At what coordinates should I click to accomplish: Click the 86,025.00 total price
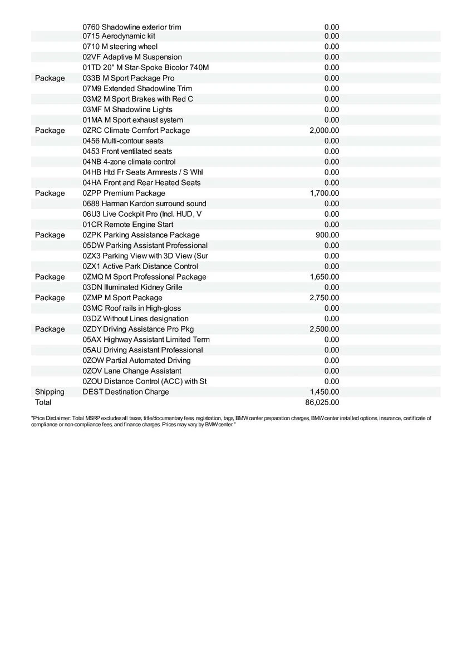pos(322,402)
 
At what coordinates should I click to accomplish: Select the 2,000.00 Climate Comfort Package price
pos(324,131)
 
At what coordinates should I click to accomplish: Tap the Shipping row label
pos(50,392)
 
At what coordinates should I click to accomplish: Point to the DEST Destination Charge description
pos(125,392)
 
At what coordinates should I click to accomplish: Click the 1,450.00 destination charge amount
pos(324,392)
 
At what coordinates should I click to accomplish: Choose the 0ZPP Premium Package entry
pos(124,193)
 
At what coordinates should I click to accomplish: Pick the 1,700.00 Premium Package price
pos(324,193)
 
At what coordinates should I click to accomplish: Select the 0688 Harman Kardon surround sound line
pos(144,204)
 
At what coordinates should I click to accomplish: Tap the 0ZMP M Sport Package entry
pos(122,298)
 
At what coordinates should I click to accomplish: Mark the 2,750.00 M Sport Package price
pos(324,298)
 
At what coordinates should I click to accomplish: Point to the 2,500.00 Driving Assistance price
pos(324,329)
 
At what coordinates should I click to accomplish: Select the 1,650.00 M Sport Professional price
pos(324,277)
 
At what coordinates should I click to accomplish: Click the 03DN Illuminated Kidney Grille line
pos(132,287)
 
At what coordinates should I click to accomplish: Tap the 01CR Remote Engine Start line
pos(127,225)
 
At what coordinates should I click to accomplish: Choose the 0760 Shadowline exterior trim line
pos(131,27)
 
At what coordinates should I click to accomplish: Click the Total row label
pos(43,402)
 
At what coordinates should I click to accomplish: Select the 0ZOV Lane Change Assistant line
pos(131,371)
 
